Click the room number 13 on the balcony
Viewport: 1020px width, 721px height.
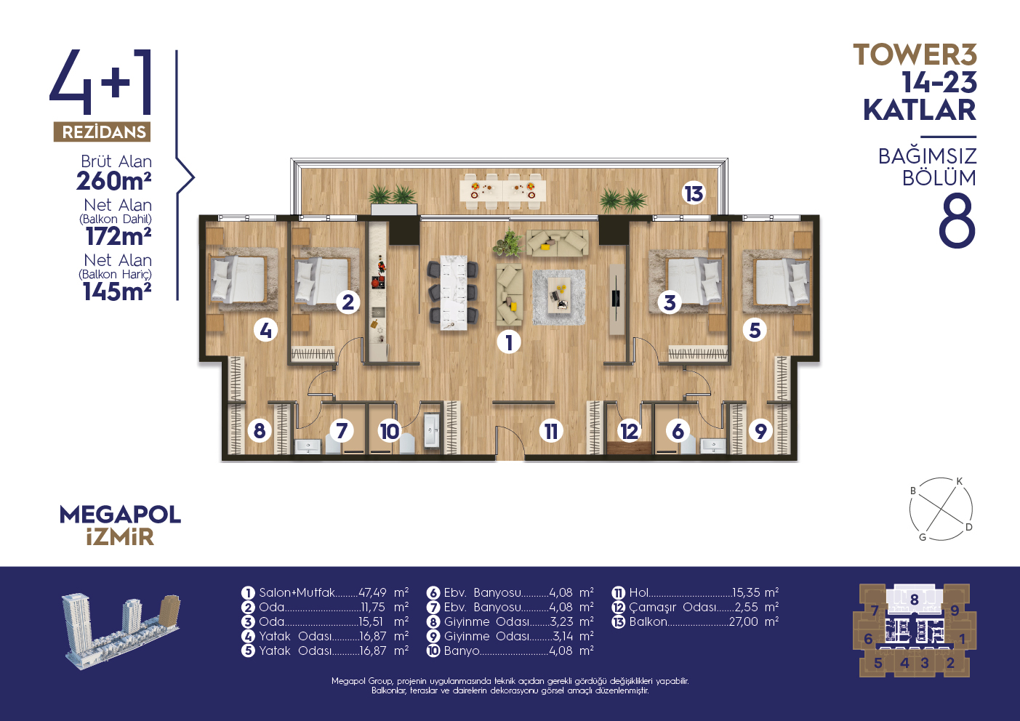[694, 193]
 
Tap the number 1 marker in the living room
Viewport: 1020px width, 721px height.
[509, 342]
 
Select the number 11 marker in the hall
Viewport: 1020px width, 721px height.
[551, 431]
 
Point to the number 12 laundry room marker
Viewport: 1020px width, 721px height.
[630, 431]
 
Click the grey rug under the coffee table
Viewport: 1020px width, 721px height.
[559, 297]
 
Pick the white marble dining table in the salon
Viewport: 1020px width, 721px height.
[454, 292]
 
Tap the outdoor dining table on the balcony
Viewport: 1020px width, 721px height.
[502, 190]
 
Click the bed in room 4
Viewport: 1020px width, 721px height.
[237, 279]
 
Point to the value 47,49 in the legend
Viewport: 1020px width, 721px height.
[372, 592]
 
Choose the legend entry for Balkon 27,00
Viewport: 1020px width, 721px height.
[695, 621]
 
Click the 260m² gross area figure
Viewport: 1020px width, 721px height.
[114, 181]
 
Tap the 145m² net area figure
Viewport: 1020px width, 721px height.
[117, 291]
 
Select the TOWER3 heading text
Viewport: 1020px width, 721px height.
[915, 55]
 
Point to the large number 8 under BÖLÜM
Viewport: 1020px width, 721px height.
[957, 220]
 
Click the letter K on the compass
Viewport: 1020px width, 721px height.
[959, 482]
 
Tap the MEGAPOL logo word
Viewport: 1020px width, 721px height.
[120, 515]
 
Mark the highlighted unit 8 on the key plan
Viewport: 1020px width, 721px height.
[915, 600]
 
